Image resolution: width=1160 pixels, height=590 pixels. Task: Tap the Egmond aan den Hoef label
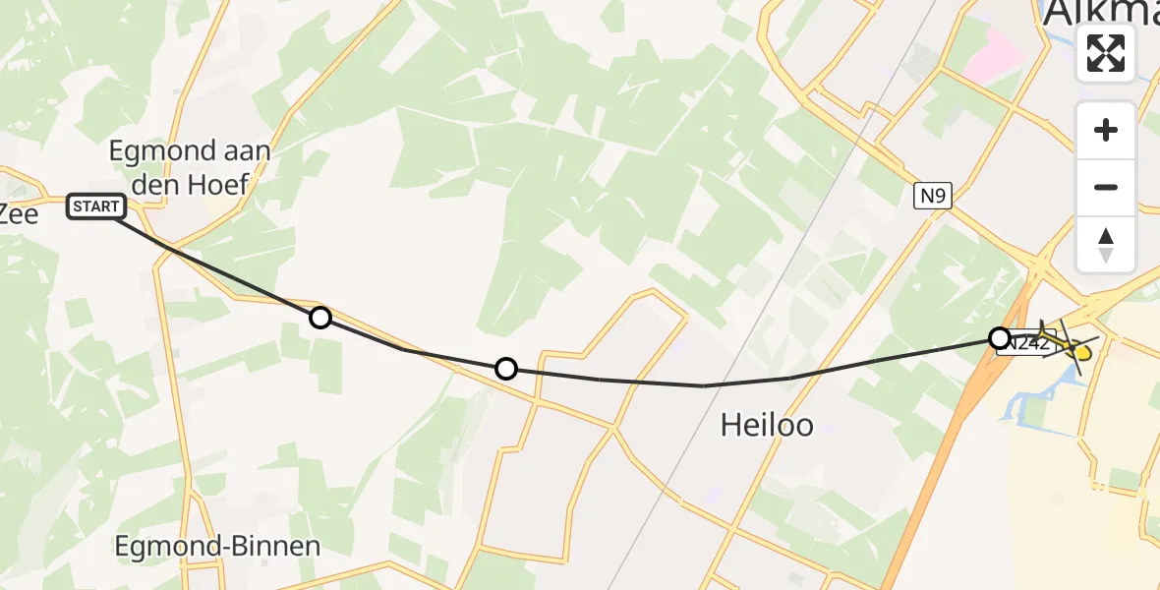(x=191, y=167)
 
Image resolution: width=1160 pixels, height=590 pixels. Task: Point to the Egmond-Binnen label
(x=217, y=547)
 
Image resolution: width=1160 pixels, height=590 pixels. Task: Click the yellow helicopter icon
(x=1068, y=344)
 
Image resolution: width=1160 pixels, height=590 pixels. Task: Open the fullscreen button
(x=1106, y=53)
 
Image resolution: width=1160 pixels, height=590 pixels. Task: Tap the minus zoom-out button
(x=1106, y=187)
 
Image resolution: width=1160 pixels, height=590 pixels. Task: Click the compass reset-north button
(x=1106, y=244)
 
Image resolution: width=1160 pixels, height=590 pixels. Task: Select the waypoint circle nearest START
(x=319, y=318)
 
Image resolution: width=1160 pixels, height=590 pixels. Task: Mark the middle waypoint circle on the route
(x=505, y=369)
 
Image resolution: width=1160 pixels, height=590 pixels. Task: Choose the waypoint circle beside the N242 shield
(x=1000, y=338)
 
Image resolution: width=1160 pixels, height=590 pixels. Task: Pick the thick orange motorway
(x=924, y=492)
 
